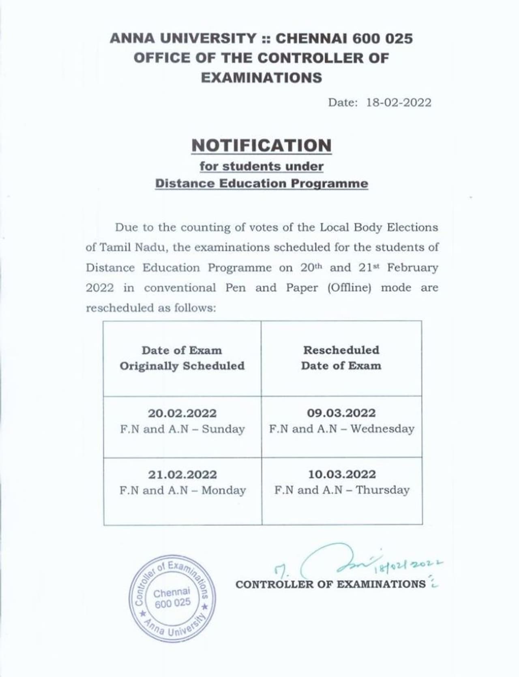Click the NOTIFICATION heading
(261, 146)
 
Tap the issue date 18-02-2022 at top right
(399, 102)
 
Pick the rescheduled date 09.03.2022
(341, 413)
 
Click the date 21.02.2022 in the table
(182, 475)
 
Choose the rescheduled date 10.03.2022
(342, 474)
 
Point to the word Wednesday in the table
(382, 429)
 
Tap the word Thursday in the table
(383, 490)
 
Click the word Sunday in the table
(223, 429)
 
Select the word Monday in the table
(223, 490)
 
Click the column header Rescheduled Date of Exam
(341, 358)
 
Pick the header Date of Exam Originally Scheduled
(182, 358)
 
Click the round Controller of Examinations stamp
(172, 598)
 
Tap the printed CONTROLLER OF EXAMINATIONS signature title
(330, 584)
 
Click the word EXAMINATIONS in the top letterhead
(261, 77)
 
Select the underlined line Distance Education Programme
(262, 183)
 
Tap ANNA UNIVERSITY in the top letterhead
(183, 38)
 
